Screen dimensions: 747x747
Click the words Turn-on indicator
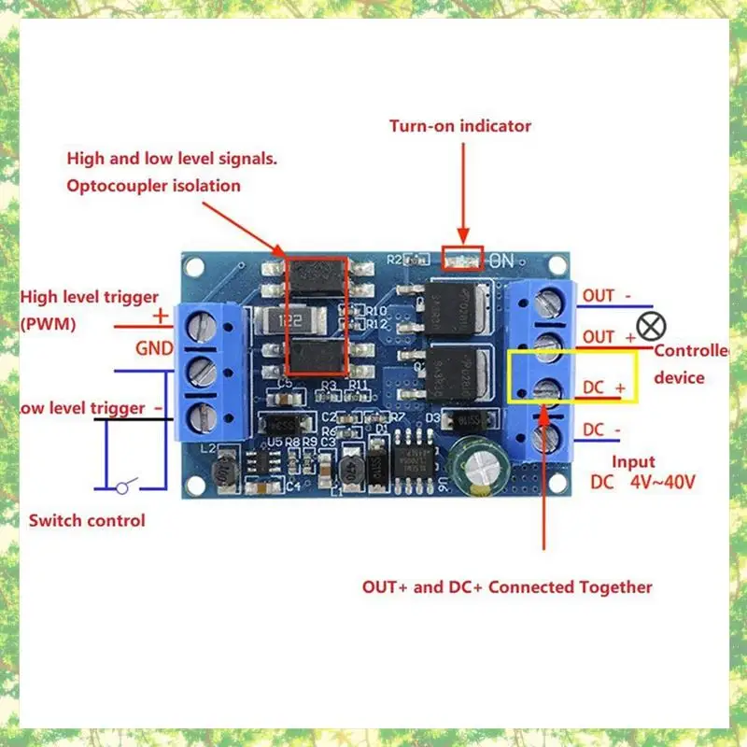pos(460,126)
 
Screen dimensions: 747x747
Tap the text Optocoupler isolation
pos(153,186)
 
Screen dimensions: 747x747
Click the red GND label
pos(154,350)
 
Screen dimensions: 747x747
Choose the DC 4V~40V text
pos(641,483)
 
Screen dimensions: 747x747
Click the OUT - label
pos(606,296)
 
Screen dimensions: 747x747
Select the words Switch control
pos(87,520)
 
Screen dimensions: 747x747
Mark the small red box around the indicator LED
pos(462,259)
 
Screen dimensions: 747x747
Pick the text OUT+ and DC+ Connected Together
pos(507,587)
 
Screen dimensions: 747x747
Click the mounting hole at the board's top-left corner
pos(194,267)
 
